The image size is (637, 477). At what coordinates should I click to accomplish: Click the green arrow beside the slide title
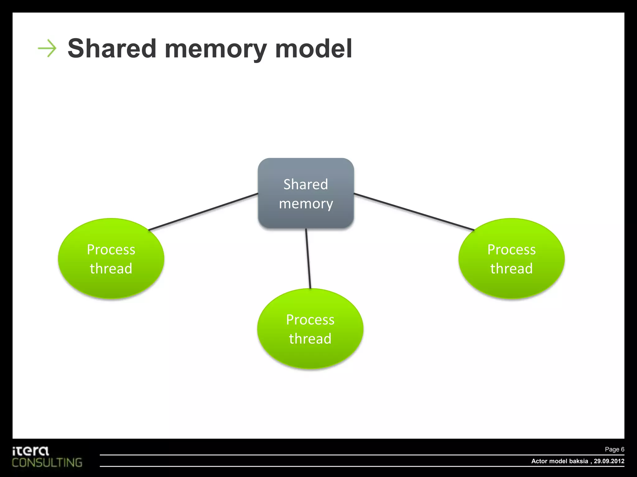tap(47, 48)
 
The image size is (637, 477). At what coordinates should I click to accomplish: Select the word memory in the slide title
tap(215, 50)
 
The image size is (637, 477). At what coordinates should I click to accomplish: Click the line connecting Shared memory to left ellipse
tap(203, 212)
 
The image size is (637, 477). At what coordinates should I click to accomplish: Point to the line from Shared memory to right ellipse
tap(414, 212)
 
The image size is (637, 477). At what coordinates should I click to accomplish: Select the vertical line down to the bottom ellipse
tap(308, 258)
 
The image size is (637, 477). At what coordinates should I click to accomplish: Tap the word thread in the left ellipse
tap(111, 269)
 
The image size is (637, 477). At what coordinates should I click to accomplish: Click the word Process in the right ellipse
tap(511, 250)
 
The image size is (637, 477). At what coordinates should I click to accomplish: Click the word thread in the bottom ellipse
tap(310, 339)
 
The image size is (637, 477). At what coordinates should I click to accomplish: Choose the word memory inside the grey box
tap(306, 204)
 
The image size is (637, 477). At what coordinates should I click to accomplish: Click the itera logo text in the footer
tap(30, 451)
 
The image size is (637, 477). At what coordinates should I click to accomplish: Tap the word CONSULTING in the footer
tap(47, 463)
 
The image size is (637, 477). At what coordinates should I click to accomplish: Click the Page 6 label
tap(614, 449)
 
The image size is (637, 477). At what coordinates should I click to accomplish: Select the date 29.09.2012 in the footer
tap(609, 461)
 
